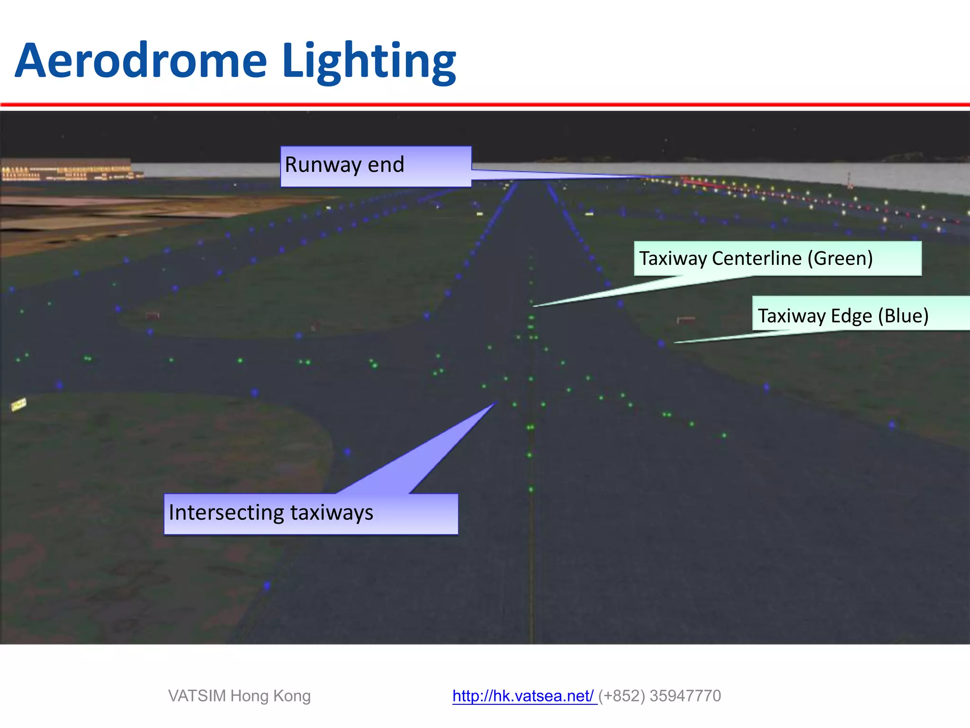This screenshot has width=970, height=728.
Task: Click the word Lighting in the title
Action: click(x=368, y=62)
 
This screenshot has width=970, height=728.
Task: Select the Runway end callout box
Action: click(x=376, y=166)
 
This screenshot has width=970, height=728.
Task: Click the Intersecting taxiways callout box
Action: click(x=311, y=514)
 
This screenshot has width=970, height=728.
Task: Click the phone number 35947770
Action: click(x=685, y=696)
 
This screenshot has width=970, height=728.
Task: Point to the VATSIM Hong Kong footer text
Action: click(x=239, y=696)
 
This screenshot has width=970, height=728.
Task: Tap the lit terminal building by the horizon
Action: click(x=66, y=170)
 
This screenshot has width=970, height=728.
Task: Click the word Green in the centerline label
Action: click(x=839, y=258)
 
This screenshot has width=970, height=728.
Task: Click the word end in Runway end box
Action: click(x=386, y=165)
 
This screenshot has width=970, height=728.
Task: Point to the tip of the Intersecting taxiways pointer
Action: click(x=494, y=403)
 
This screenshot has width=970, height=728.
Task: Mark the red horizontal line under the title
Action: click(x=485, y=104)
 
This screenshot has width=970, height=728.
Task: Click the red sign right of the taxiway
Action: click(x=686, y=320)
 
